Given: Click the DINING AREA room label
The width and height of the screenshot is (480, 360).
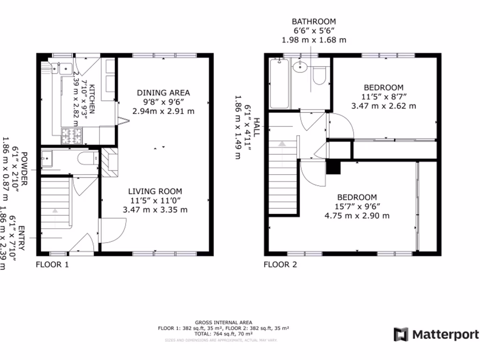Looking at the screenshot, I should pos(163,92).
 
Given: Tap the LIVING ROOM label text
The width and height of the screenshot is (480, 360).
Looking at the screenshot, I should pos(155,191).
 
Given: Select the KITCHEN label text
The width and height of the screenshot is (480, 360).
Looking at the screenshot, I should pos(92,99).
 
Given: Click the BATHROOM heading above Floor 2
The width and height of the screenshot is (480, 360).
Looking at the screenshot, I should pos(314,22).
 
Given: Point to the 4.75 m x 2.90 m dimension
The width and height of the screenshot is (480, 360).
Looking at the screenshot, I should pos(357,216).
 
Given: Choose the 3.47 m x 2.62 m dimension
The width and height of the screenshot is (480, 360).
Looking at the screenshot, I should pos(383,106).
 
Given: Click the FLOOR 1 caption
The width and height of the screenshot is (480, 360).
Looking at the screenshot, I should pos(52,264).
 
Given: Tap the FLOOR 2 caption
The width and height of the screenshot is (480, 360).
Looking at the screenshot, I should pos(280,264).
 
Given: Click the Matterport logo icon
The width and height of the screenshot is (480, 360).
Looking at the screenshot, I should pos(401,335).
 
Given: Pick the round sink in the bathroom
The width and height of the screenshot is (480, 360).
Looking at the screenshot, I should pos(299,68).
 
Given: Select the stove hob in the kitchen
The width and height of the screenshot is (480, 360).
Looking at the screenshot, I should pos(71,136).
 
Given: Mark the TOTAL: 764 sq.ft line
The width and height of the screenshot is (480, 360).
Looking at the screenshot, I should pos(223,334).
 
